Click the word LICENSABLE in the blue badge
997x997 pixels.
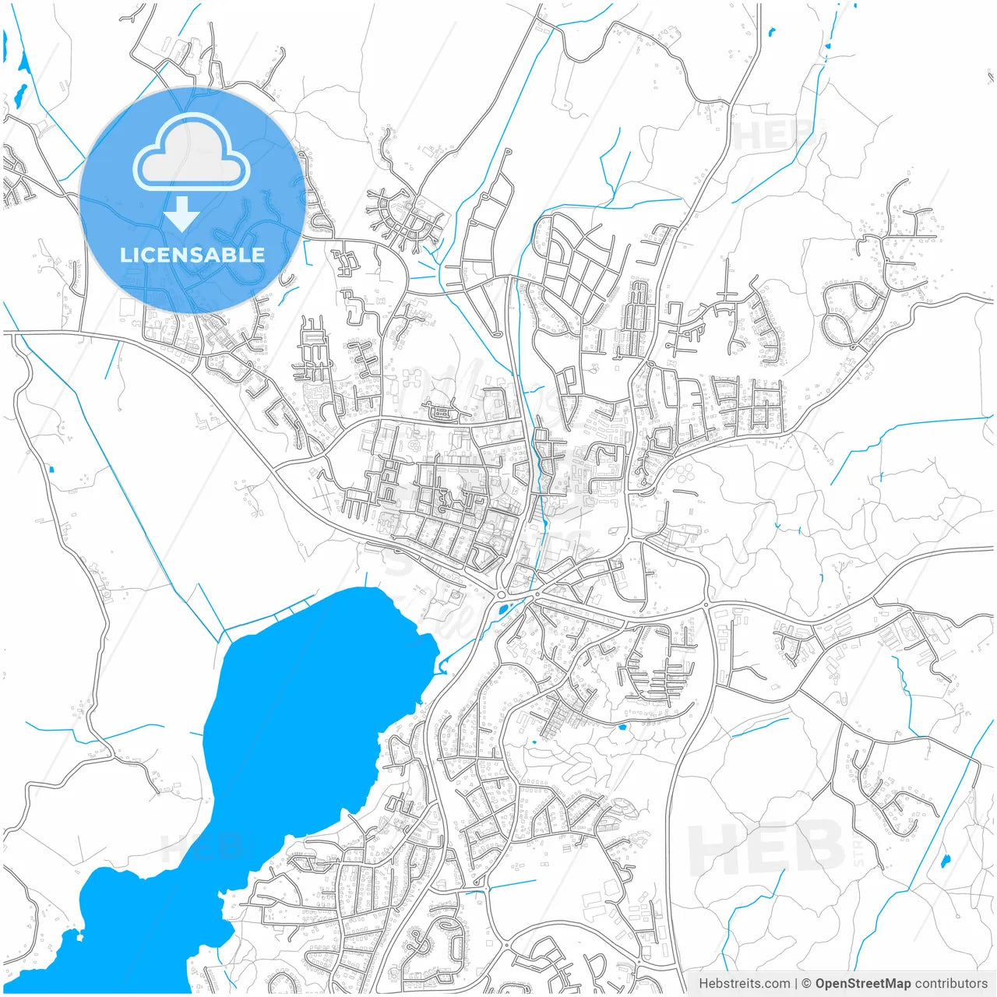pos(192,255)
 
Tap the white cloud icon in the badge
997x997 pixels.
pos(192,153)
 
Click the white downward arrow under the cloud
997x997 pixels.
pos(181,213)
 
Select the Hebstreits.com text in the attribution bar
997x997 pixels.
pos(744,984)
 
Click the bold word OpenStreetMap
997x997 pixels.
pos(862,984)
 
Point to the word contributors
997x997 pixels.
pos(950,984)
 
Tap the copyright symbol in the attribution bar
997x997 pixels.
pos(807,984)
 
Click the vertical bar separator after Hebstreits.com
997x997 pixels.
pos(796,984)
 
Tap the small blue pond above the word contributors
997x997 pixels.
pos(946,861)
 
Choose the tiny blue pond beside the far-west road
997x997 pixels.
pos(51,469)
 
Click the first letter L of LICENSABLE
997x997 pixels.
pos(125,255)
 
